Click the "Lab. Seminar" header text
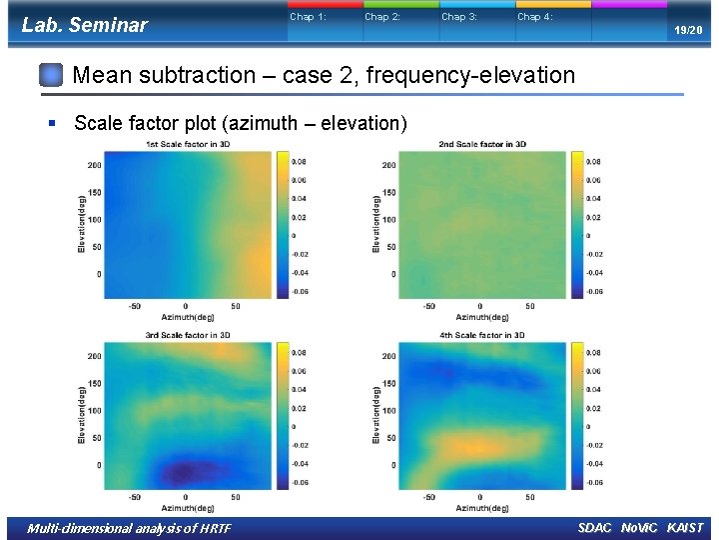[x=84, y=25]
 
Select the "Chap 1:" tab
[x=308, y=17]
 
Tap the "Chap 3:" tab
[x=459, y=17]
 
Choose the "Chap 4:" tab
[x=534, y=17]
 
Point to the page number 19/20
[x=687, y=31]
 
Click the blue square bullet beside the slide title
[x=52, y=75]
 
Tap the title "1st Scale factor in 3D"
[x=188, y=145]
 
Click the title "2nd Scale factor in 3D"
[x=482, y=145]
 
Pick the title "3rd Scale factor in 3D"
[x=188, y=335]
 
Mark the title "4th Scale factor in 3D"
[x=482, y=335]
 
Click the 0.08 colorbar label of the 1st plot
[x=299, y=162]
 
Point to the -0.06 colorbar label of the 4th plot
[x=592, y=482]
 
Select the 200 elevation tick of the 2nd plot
[x=388, y=165]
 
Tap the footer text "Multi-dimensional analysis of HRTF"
[x=129, y=528]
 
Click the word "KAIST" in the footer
[x=685, y=528]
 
